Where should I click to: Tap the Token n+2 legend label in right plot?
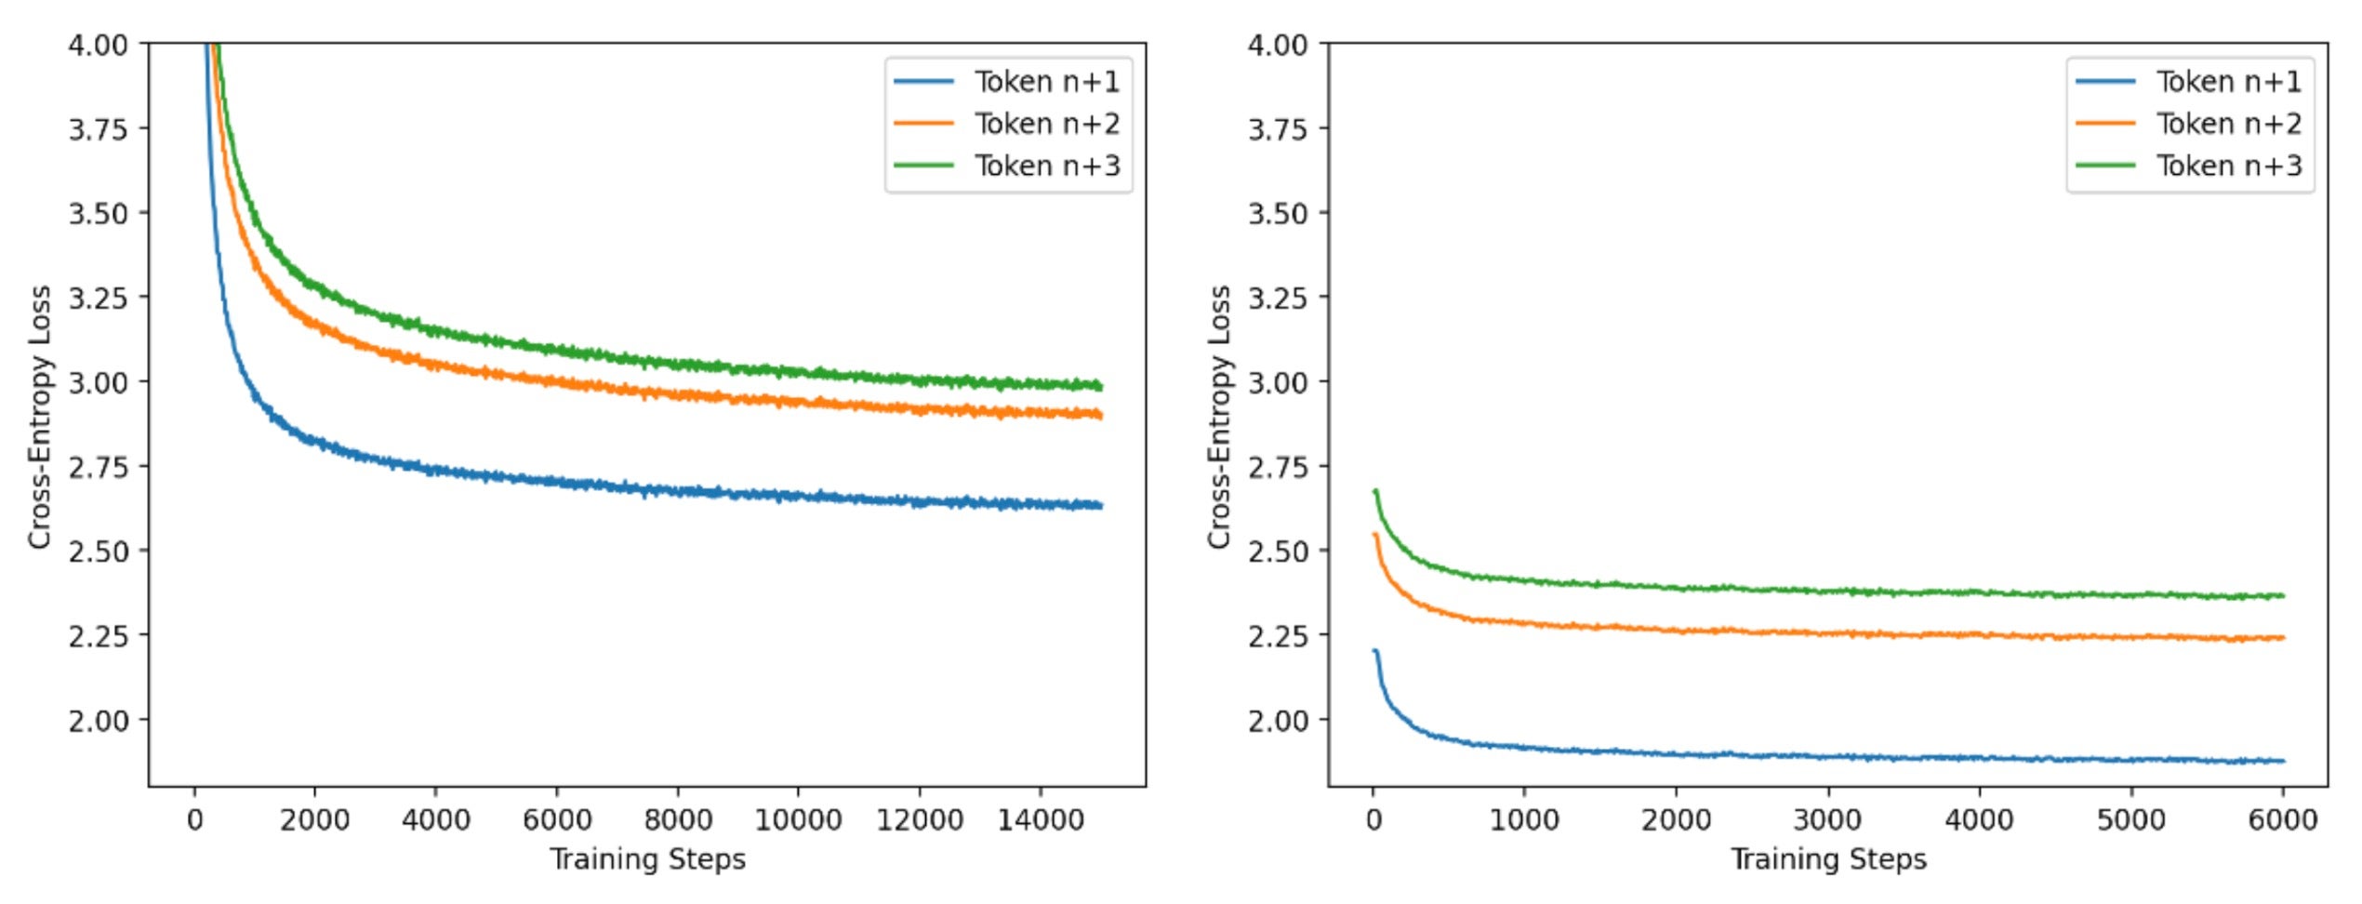(x=2228, y=124)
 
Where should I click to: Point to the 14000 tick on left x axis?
(x=1040, y=819)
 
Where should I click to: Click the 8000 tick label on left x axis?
(x=677, y=819)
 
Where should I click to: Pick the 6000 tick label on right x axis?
(x=2282, y=819)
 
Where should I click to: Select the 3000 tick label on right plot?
(x=1827, y=819)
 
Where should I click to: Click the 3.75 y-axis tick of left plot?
(x=98, y=128)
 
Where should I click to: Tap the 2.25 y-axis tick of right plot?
(x=1278, y=636)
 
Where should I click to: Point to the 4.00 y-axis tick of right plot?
(x=1278, y=45)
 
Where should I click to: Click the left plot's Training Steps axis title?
(x=647, y=858)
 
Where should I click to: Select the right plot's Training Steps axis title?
(x=1828, y=858)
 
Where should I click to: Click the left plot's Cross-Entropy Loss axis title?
(x=39, y=417)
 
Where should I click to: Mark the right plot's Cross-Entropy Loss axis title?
(x=1219, y=417)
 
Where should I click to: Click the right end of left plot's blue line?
(x=1101, y=506)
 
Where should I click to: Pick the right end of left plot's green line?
(x=1101, y=386)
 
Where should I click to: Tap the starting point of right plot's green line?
(x=1374, y=491)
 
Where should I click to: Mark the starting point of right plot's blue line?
(x=1374, y=651)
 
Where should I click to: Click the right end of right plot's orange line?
(x=2283, y=638)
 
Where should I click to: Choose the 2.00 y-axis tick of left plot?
(x=98, y=721)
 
